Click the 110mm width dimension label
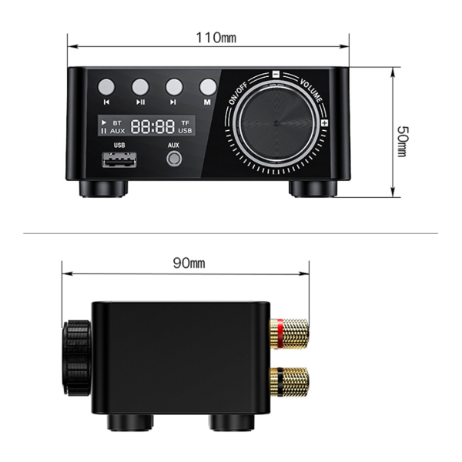tap(216, 38)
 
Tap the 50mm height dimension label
tap(403, 141)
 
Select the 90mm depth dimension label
tap(189, 263)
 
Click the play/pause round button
tap(140, 87)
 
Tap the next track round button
tap(174, 87)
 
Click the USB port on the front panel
tap(119, 159)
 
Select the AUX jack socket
tap(174, 159)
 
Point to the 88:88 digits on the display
tap(152, 126)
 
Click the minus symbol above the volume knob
tap(276, 74)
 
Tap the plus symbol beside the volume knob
tap(324, 123)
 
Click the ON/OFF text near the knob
tap(238, 94)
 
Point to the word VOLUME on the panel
tap(311, 90)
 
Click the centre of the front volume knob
tap(276, 123)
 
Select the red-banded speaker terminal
tap(290, 333)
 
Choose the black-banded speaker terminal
tap(290, 382)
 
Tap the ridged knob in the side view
tap(76, 358)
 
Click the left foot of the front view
tap(103, 189)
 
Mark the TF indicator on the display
tap(185, 122)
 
